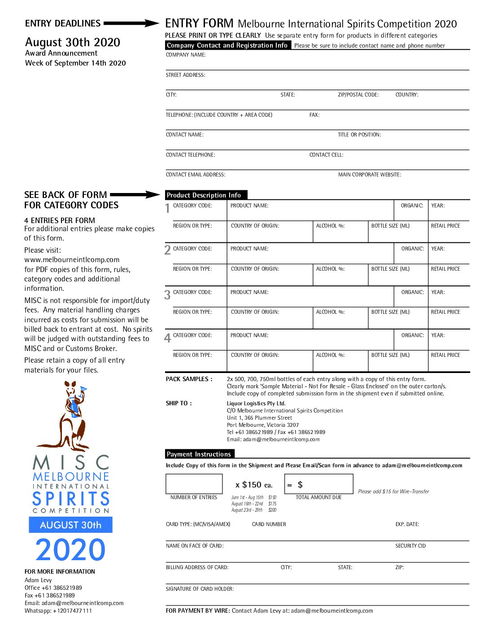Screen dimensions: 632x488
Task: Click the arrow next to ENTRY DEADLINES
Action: tap(131, 23)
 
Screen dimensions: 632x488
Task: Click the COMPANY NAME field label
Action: tap(186, 55)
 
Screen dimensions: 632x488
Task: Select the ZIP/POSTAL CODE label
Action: tap(358, 95)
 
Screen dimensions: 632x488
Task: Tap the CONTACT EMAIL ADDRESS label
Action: tap(196, 175)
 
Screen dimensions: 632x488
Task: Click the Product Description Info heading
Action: tap(204, 195)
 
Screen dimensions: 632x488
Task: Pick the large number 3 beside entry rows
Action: tap(167, 295)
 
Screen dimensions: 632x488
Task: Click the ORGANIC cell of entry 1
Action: tap(411, 210)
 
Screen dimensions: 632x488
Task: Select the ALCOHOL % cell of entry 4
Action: tap(340, 361)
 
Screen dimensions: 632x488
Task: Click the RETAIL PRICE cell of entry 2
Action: tap(449, 275)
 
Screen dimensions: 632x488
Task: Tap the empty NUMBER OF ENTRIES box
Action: tap(194, 484)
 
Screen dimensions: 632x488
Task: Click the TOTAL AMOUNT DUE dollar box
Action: tap(318, 484)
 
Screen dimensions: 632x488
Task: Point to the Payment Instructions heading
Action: tap(199, 454)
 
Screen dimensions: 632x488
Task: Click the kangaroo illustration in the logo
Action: tap(72, 415)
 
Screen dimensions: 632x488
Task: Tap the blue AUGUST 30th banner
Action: tap(70, 525)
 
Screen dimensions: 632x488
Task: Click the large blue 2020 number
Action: tap(70, 550)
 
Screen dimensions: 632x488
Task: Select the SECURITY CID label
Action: tap(410, 546)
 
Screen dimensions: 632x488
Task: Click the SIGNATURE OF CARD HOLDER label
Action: tap(200, 589)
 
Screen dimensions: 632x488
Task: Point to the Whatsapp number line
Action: tap(58, 611)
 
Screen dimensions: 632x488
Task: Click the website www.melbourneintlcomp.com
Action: tap(72, 259)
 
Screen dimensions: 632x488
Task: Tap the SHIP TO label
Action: tap(179, 403)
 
